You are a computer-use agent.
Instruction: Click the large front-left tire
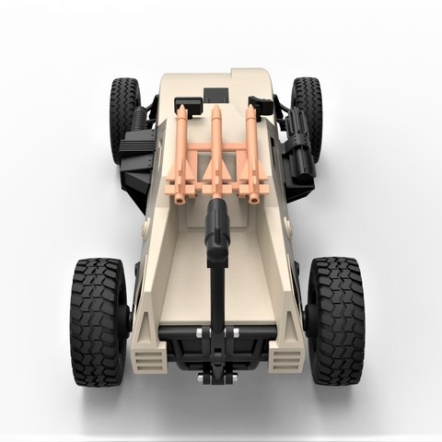tap(98, 320)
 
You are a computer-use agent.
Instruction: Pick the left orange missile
tap(181, 152)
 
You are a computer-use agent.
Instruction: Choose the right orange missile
tap(252, 152)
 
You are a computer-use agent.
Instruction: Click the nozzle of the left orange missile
tap(178, 196)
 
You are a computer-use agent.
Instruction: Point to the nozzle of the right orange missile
tap(254, 196)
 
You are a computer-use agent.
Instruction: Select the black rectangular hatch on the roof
tap(217, 93)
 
